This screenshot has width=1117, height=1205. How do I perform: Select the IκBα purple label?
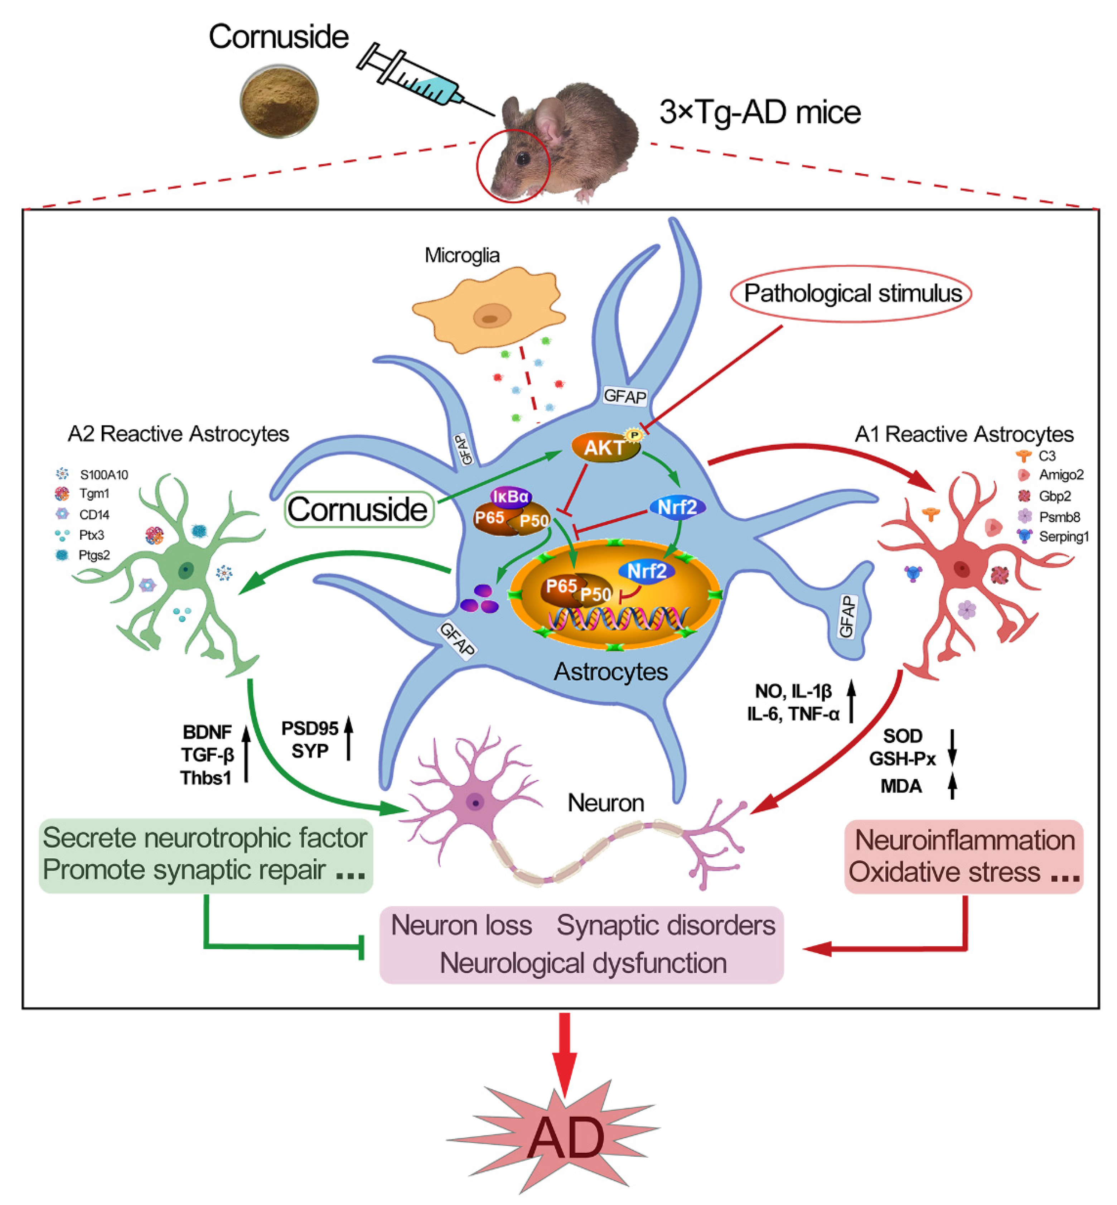point(511,496)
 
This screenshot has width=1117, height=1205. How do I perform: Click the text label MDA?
point(901,786)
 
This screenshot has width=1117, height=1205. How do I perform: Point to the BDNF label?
point(207,732)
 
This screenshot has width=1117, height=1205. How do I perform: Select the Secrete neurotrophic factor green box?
point(205,854)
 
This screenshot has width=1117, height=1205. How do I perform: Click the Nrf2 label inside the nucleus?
point(646,571)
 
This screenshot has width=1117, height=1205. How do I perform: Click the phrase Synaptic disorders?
point(666,925)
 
